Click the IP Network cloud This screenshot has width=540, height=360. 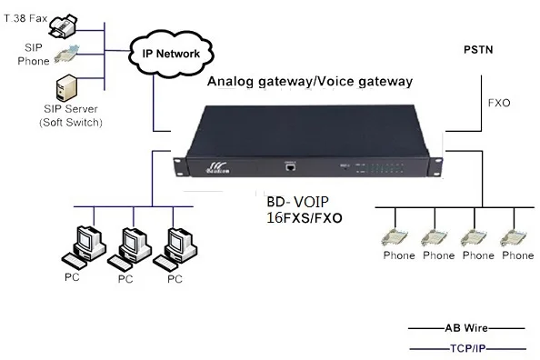[170, 53]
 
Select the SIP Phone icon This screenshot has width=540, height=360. [70, 56]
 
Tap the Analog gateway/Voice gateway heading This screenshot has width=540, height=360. [310, 82]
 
